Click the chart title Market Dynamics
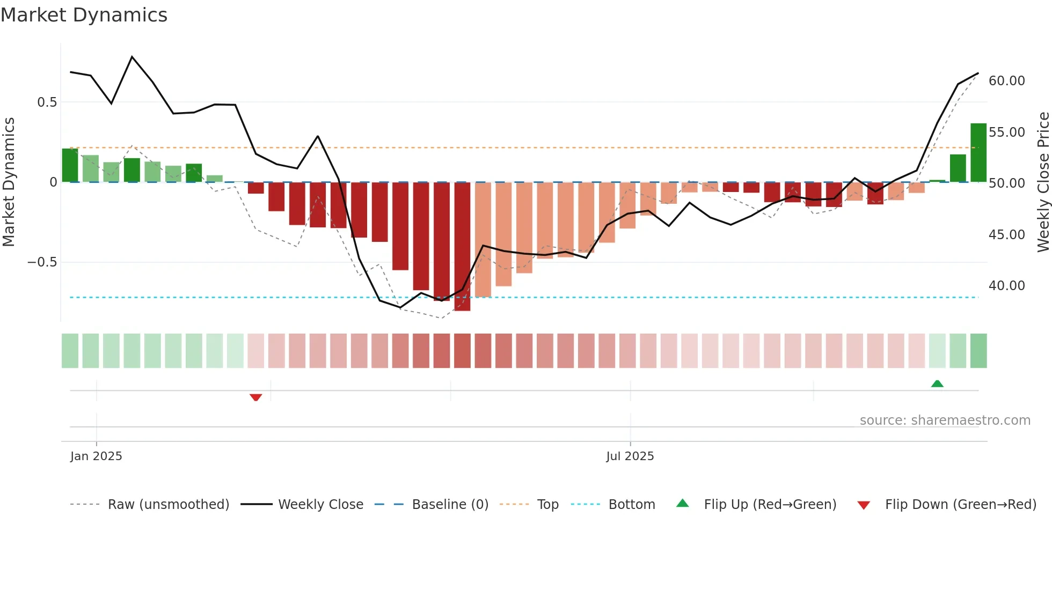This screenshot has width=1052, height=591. tap(84, 15)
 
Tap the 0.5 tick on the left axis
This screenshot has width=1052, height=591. tap(47, 102)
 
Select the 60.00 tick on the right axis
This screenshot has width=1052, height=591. tap(1006, 81)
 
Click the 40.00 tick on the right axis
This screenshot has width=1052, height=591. tap(1006, 286)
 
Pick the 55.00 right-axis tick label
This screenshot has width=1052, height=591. tap(1006, 132)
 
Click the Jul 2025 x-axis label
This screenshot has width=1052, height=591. tap(630, 456)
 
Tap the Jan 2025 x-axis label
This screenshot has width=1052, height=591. tap(96, 456)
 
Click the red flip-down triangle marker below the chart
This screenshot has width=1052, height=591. tap(255, 397)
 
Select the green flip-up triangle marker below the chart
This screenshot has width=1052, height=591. tap(937, 383)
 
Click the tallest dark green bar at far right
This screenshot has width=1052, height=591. tap(978, 153)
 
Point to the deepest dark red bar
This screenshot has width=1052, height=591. tap(462, 247)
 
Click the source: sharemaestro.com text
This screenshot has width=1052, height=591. tap(945, 420)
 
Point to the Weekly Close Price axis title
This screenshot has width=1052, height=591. tap(1043, 182)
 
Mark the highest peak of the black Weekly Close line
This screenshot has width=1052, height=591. tap(132, 57)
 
